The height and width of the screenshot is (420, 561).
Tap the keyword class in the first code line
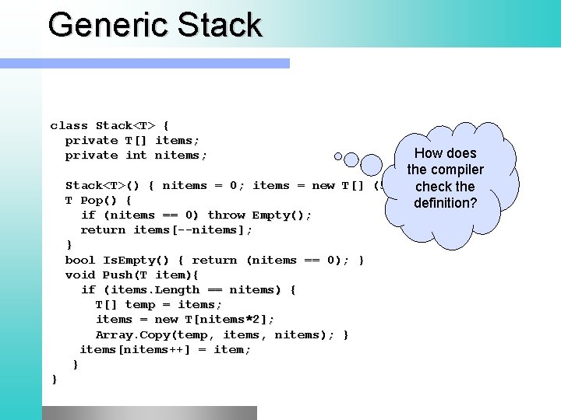[x=69, y=125]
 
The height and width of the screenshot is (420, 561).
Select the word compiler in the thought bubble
[x=456, y=170]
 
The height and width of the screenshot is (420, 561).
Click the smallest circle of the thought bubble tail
[x=339, y=157]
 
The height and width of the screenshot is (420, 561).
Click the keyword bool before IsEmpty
[x=79, y=260]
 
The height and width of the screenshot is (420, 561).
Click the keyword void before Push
[x=79, y=275]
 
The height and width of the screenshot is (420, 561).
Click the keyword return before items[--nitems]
[x=103, y=229]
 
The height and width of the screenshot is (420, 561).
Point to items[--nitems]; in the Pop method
[x=192, y=229]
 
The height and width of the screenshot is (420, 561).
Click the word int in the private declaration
[x=136, y=155]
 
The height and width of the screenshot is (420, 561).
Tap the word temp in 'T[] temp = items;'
[x=140, y=305]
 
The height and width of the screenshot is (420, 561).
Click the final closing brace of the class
[x=54, y=379]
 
